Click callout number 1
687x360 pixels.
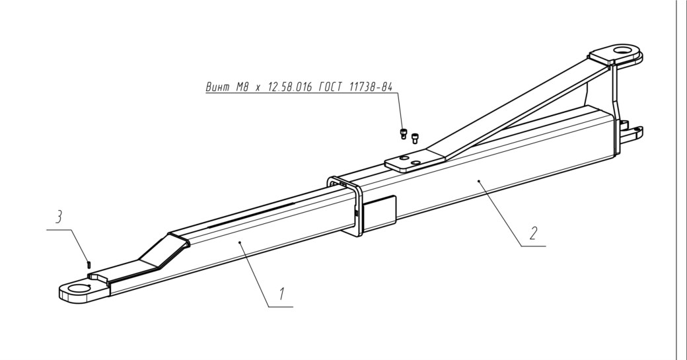(281, 293)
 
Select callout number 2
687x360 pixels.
(533, 233)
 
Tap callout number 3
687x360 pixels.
(59, 217)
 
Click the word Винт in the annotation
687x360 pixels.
(218, 87)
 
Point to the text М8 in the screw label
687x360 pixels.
(242, 87)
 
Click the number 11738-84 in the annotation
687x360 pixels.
(371, 87)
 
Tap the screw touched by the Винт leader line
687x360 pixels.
(404, 133)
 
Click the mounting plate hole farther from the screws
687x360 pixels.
(416, 163)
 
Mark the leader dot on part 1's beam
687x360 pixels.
(239, 241)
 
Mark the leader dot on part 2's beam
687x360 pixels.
(479, 180)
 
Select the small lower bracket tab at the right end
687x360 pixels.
(632, 131)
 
